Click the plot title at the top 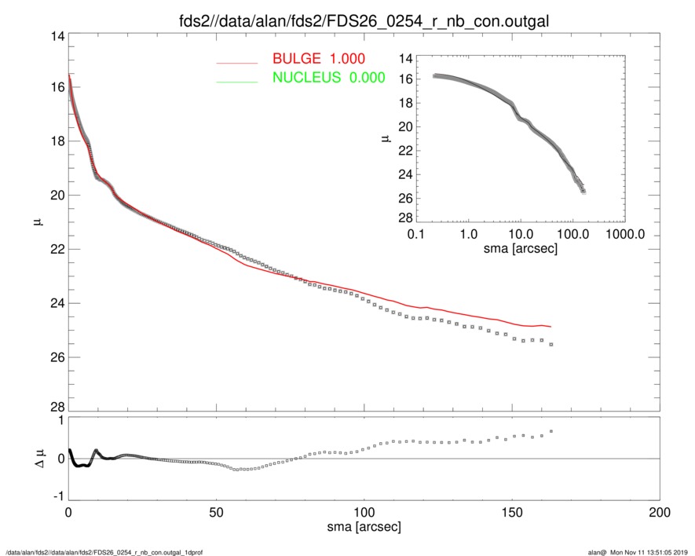tap(362, 20)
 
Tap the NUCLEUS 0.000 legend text tap(328, 77)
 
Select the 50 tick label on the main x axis tap(216, 511)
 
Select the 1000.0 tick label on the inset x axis tap(625, 234)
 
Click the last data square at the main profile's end tap(551, 344)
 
